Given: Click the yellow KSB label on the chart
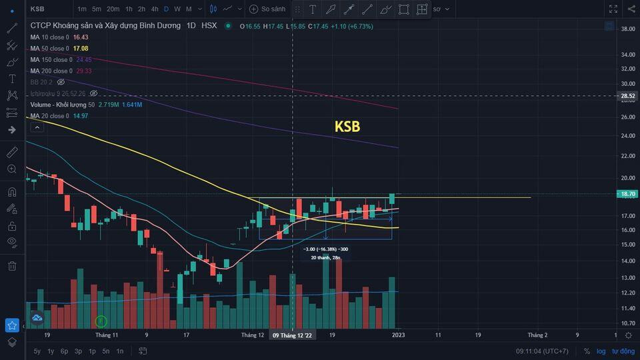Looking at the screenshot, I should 347,127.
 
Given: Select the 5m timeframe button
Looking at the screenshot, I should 97,9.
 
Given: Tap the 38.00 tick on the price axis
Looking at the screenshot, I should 627,29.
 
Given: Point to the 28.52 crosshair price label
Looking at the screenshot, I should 628,96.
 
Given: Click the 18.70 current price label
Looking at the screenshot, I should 628,194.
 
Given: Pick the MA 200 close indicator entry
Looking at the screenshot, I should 51,71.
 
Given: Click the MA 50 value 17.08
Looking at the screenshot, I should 80,49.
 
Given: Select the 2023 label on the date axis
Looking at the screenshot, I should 398,335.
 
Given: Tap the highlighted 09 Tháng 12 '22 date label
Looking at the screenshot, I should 293,335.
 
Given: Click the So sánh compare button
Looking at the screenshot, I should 267,9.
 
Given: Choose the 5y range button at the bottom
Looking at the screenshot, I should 37,351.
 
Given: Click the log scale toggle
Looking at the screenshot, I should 601,351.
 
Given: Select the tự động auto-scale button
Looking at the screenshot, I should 623,351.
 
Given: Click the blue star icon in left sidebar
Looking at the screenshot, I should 12,325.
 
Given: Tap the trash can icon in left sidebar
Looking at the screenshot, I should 12,267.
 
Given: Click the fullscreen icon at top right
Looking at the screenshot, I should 613,9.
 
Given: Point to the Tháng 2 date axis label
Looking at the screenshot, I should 537,335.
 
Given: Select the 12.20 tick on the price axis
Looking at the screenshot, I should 627,293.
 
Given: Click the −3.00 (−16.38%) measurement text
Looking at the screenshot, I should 325,249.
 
